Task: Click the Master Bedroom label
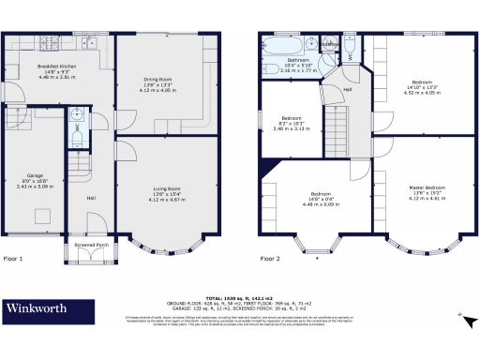point(426,191)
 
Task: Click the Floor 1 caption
point(13,258)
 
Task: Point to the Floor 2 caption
point(270,258)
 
